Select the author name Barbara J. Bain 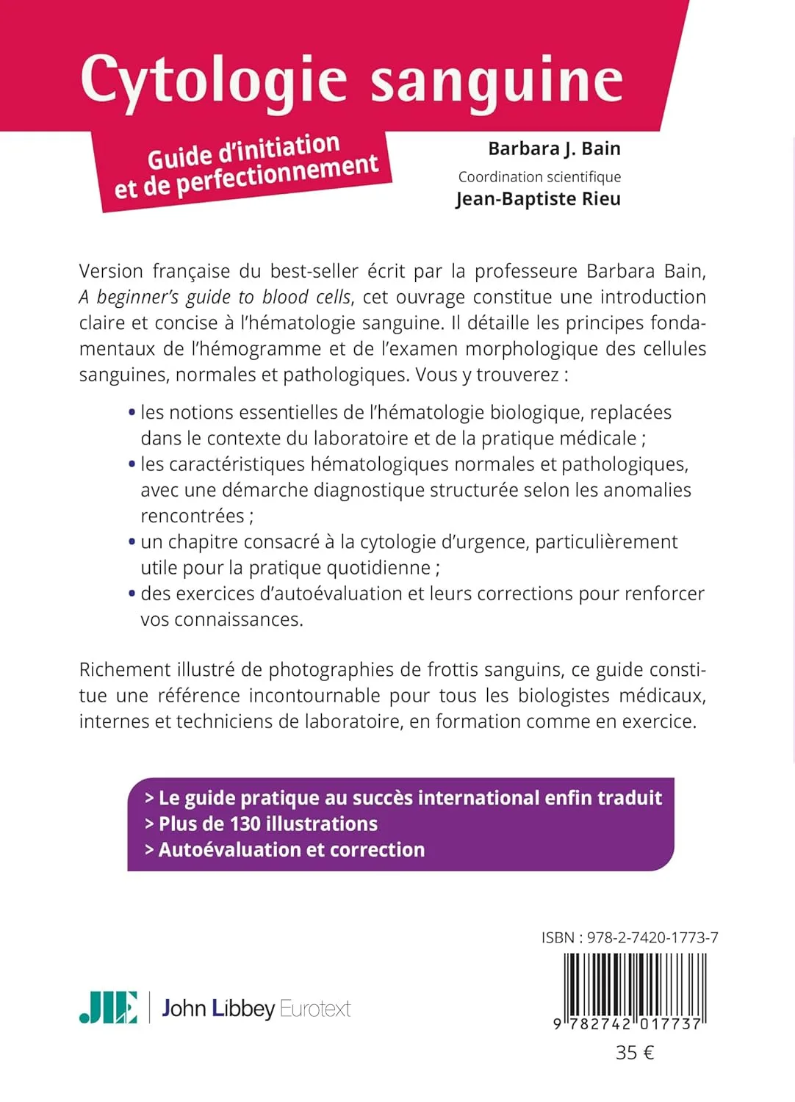tap(554, 149)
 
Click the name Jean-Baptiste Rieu tap(538, 199)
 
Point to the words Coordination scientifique tap(539, 177)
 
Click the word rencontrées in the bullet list tap(193, 516)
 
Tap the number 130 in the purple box tap(245, 824)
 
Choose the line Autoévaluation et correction tap(291, 850)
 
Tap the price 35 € tap(634, 1053)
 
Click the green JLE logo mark tap(108, 1007)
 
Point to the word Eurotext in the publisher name tap(315, 1009)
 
